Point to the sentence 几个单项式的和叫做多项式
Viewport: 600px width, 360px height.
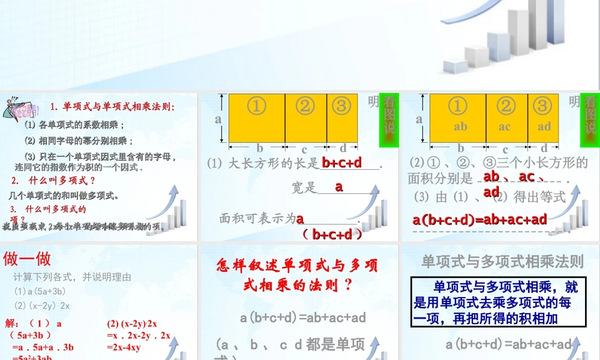(64, 195)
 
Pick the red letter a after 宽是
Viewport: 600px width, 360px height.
(339, 187)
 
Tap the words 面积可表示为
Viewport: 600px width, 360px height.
(257, 219)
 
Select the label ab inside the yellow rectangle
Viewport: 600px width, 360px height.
(460, 127)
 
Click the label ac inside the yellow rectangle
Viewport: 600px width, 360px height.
(505, 127)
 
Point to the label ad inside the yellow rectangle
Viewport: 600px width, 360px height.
(544, 127)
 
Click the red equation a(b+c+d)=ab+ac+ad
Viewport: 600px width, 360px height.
(480, 220)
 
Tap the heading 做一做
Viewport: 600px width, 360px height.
(27, 259)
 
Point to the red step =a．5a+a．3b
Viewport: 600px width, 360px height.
(43, 347)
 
